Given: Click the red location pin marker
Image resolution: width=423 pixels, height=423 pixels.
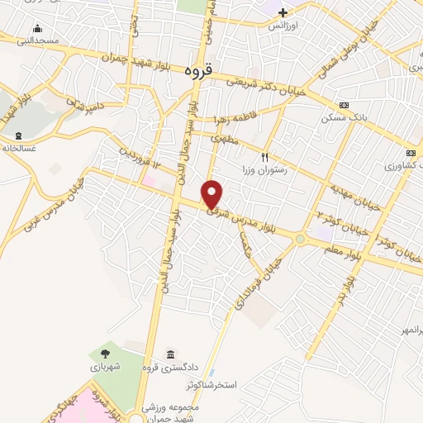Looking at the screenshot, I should coord(212,193).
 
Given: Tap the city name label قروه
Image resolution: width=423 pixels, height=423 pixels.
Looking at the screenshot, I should coord(198,72).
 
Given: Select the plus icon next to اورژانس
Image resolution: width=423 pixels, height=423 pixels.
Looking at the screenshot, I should coord(283,12).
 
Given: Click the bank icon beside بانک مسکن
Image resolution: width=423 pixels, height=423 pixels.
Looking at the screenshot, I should coord(344,105).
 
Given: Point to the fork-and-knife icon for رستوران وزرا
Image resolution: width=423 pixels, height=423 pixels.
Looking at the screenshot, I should coord(265,156).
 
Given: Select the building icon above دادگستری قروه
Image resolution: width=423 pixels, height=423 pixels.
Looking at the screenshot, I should coord(170,354).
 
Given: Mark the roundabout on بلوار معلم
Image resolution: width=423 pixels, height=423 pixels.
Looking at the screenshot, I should coord(301,240).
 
